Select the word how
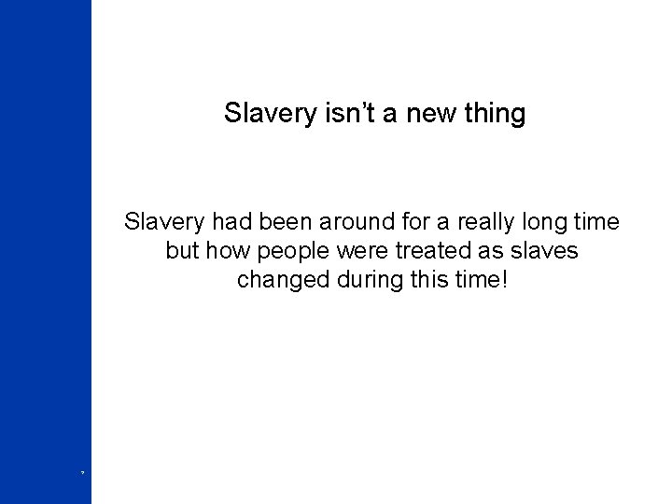228,251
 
